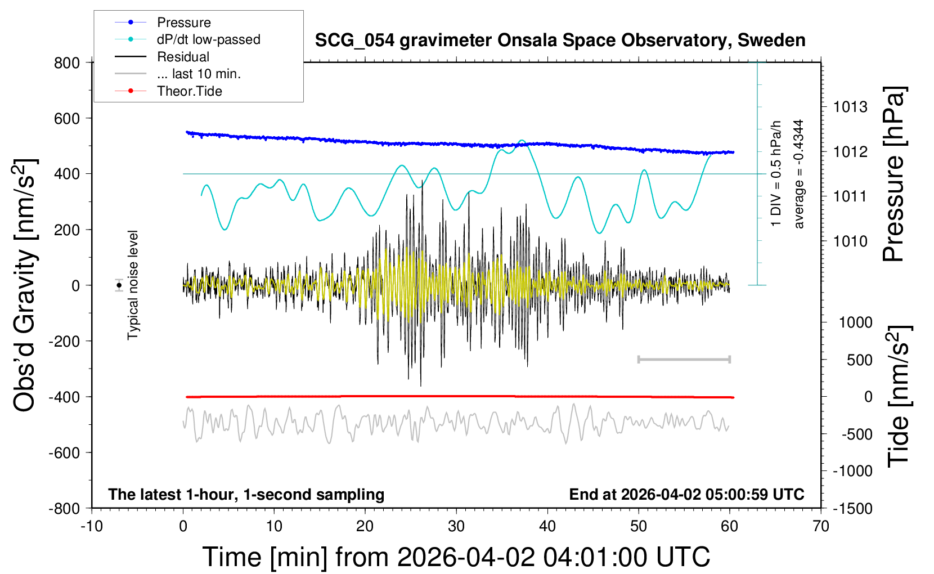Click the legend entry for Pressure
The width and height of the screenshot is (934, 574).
(183, 23)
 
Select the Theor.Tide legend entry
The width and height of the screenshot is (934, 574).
(189, 91)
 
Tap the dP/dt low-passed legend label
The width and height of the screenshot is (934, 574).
(208, 39)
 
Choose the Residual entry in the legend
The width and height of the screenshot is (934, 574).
(183, 57)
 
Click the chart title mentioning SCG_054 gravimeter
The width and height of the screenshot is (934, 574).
(560, 41)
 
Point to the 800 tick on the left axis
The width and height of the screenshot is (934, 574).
(67, 62)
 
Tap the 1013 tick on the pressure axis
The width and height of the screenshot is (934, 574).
(850, 107)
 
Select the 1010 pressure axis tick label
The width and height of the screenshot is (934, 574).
(850, 241)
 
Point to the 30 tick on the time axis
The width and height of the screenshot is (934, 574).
(456, 527)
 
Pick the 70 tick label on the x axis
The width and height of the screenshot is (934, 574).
(821, 527)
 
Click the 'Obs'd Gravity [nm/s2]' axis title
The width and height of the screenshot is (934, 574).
(25, 285)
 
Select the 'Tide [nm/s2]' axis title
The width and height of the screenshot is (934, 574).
(899, 396)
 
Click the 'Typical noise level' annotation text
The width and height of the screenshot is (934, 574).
(133, 285)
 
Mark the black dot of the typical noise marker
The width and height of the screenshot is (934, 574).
(119, 285)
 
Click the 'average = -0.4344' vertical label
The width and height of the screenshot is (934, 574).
(798, 174)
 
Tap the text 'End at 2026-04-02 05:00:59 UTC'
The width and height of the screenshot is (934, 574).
(686, 495)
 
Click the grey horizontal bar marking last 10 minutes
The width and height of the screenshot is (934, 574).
(684, 359)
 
